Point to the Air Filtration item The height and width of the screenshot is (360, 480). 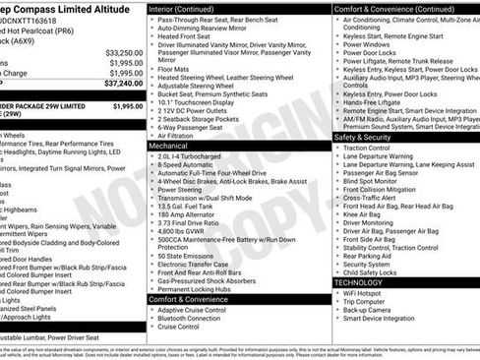(x=181, y=134)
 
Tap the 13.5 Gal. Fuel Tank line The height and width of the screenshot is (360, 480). (x=188, y=207)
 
